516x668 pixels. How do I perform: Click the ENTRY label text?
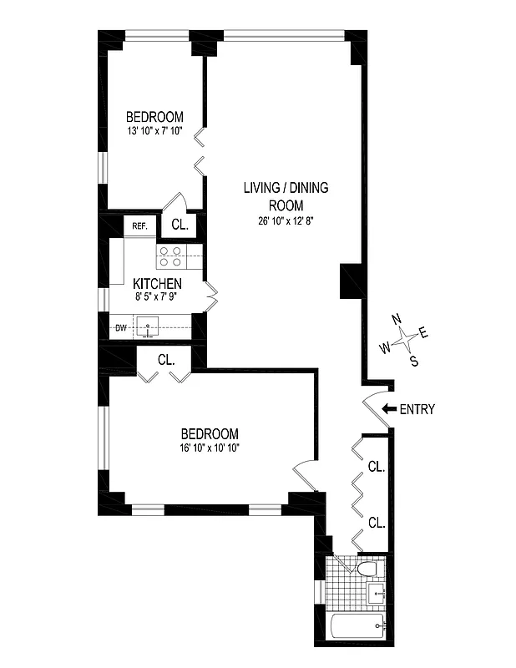coord(417,409)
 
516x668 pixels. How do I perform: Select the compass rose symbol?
coord(406,338)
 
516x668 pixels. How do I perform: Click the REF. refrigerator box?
coord(139,225)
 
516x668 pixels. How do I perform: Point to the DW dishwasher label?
coord(121,327)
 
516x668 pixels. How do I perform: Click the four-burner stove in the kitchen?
coord(172,256)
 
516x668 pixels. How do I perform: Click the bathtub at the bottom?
coord(356,625)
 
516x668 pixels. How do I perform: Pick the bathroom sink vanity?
coord(377,595)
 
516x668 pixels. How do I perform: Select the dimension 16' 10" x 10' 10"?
coord(210,448)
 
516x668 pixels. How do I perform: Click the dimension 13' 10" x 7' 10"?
coord(154,131)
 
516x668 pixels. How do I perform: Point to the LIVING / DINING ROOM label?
coord(286,196)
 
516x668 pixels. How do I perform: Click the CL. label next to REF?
coord(180,225)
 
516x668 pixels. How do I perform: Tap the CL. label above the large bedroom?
coord(166,360)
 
